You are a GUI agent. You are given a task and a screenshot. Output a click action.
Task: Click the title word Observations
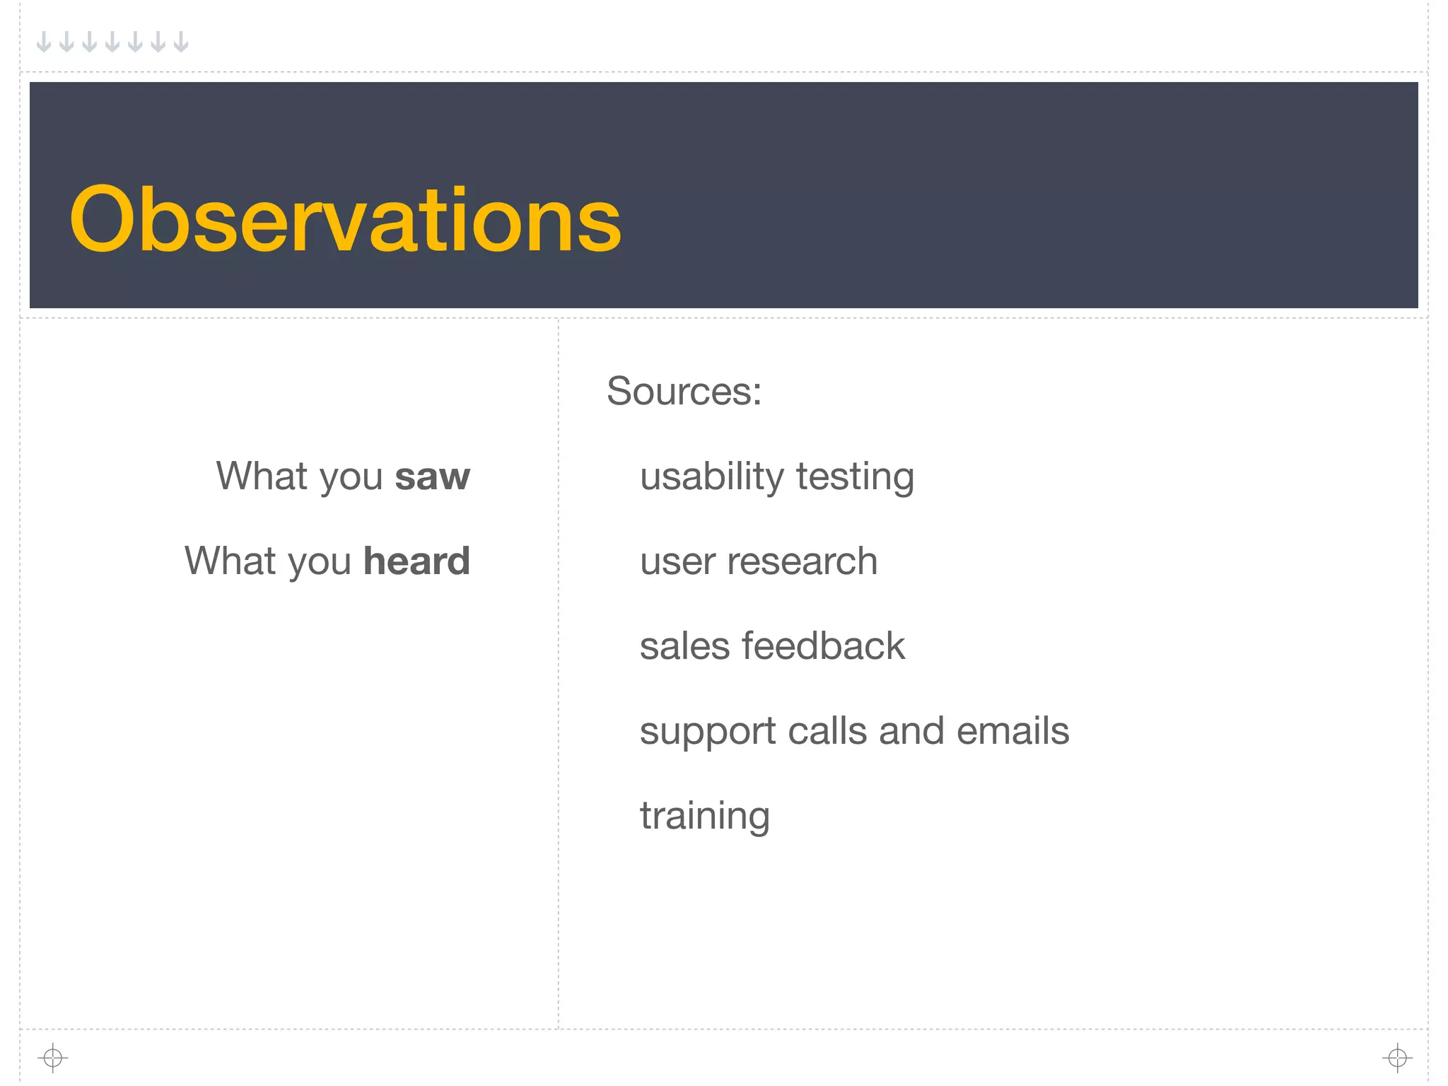[x=345, y=219]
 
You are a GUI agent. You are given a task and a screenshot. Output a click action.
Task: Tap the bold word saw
[x=432, y=477]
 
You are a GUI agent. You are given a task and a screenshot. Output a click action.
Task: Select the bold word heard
[x=416, y=561]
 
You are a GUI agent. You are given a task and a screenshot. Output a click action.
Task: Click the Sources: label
[x=684, y=391]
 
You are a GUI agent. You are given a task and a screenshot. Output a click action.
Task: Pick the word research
[x=802, y=561]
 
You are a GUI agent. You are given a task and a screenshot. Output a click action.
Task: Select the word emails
[x=1012, y=731]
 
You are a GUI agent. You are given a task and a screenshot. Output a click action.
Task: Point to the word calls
[x=827, y=731]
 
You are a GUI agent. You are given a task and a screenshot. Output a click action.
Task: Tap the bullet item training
[x=704, y=817]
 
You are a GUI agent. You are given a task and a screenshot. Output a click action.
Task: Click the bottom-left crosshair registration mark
[x=53, y=1058]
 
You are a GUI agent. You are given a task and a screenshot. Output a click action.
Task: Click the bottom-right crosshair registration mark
[x=1397, y=1058]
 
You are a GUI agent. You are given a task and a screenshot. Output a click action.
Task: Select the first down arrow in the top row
[x=44, y=42]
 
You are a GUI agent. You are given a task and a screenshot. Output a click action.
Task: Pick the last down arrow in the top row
[x=181, y=42]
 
